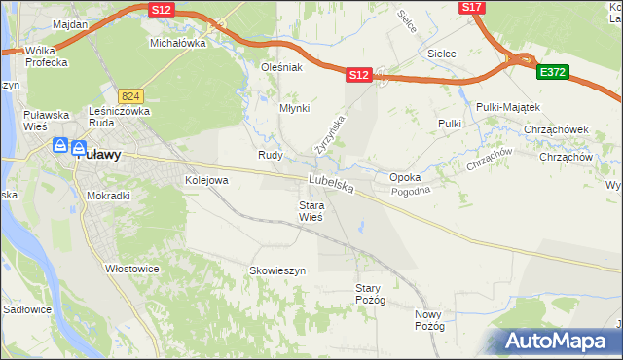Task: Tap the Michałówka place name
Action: [177, 44]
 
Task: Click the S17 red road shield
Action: [471, 7]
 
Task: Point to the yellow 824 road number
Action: [131, 96]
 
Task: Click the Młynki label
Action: [294, 109]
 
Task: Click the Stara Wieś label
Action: [311, 211]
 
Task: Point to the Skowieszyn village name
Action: [277, 270]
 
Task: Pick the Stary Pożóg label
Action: [371, 294]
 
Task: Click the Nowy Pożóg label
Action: [429, 320]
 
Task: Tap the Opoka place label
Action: [405, 178]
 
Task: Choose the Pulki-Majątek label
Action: [508, 106]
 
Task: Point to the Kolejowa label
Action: [206, 180]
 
